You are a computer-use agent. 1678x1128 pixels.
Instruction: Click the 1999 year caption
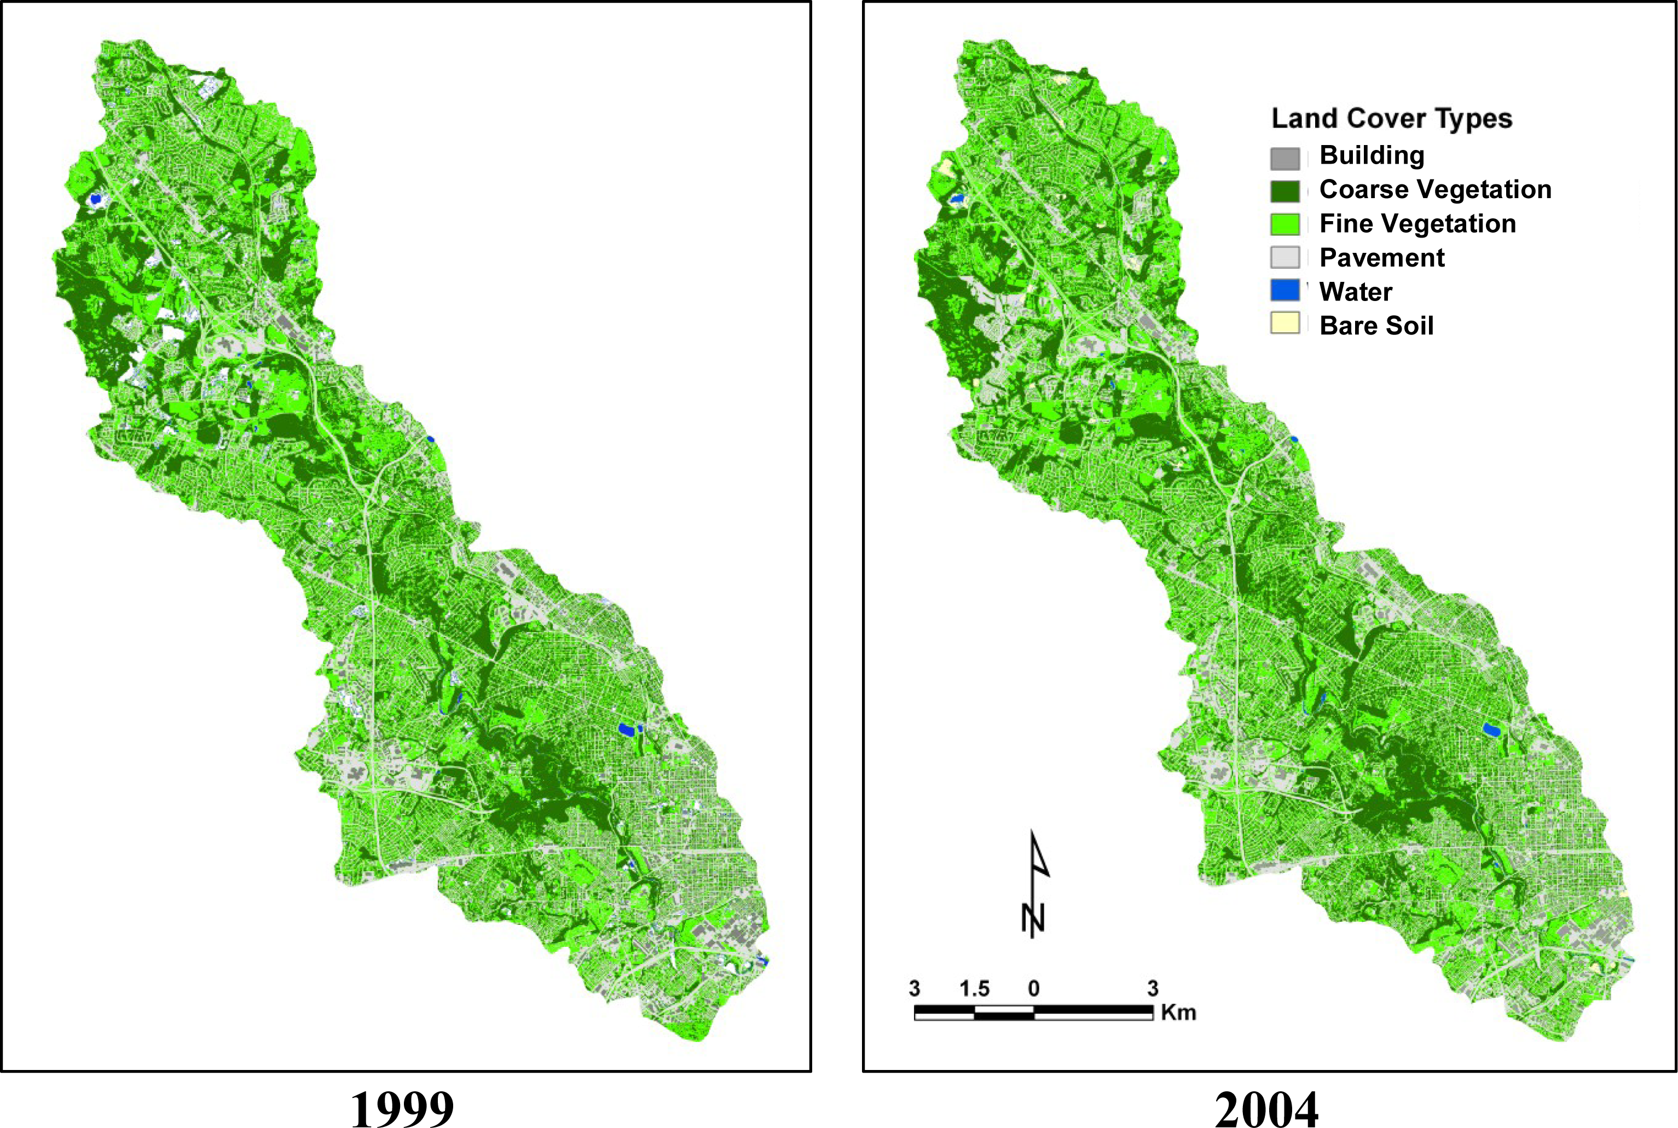coord(402,1108)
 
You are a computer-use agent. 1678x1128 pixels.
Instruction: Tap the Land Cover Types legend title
coord(1391,119)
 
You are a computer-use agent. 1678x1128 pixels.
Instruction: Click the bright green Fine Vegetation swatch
coord(1284,224)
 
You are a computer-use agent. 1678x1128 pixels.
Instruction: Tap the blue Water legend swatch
coord(1284,291)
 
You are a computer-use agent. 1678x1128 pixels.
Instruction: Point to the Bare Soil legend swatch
coord(1284,323)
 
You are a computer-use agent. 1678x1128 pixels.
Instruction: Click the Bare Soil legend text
coord(1376,326)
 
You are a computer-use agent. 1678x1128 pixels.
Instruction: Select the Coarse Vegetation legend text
coord(1435,190)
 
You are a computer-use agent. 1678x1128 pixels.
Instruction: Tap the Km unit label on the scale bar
coord(1178,1012)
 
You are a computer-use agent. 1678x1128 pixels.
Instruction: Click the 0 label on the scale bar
coord(1033,988)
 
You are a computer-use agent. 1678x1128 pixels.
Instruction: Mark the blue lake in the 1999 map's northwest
coord(95,199)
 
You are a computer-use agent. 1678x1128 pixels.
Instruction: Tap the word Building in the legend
coord(1371,155)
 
